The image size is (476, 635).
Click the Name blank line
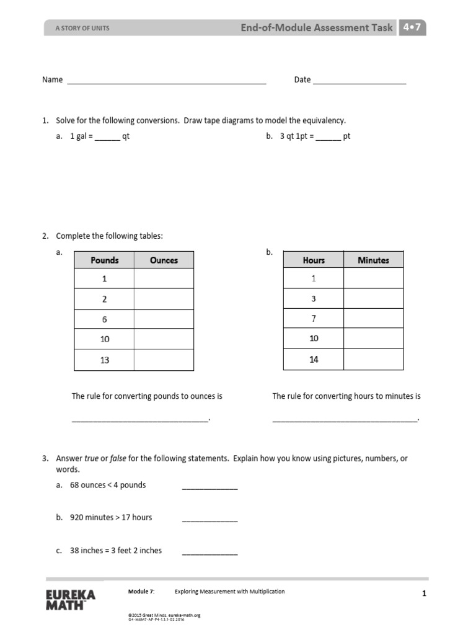(x=166, y=82)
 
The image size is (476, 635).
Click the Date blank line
(x=359, y=82)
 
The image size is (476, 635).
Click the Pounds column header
(x=104, y=260)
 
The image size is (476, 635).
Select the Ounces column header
(x=164, y=260)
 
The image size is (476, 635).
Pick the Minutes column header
(x=373, y=260)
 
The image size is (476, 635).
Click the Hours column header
(x=314, y=260)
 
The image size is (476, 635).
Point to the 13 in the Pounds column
(x=104, y=360)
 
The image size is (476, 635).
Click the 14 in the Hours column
(x=314, y=360)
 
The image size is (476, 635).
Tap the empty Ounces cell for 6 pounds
(x=164, y=319)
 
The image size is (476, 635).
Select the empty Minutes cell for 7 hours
(x=373, y=319)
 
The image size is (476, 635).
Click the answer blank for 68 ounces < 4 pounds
(x=209, y=488)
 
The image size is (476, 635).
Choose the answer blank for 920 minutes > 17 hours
(x=209, y=520)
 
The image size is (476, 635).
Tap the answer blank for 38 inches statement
(x=209, y=553)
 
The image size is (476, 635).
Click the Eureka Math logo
(x=71, y=600)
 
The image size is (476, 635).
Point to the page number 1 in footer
(x=424, y=593)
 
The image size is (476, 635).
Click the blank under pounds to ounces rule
(x=141, y=420)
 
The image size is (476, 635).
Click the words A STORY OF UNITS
(x=82, y=29)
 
